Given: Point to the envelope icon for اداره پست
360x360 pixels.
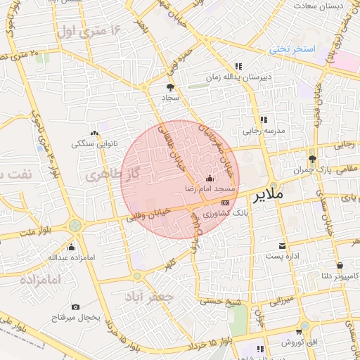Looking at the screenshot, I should (282, 245).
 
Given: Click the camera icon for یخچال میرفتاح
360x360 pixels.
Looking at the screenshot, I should (75, 307).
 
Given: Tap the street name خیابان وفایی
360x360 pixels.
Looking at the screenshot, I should (146, 217).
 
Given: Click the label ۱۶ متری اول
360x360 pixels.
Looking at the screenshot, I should (91, 30).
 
